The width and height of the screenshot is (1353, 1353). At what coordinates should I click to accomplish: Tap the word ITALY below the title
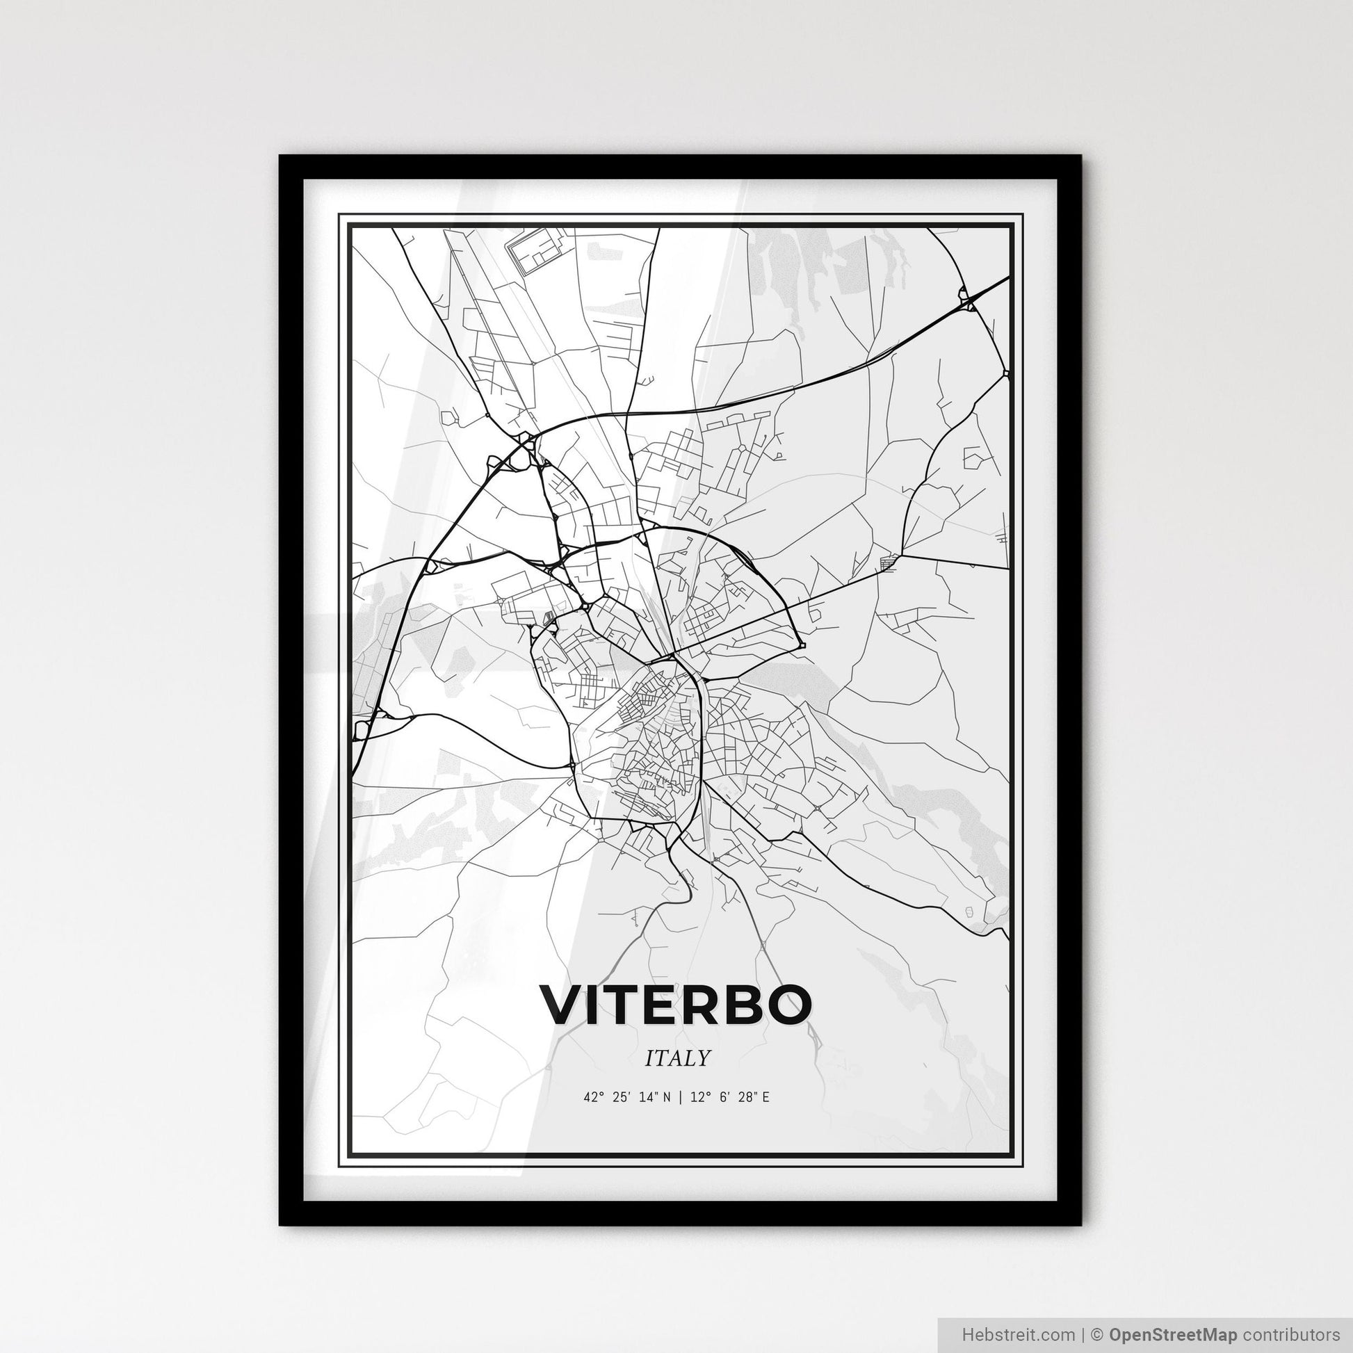click(x=676, y=1058)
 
